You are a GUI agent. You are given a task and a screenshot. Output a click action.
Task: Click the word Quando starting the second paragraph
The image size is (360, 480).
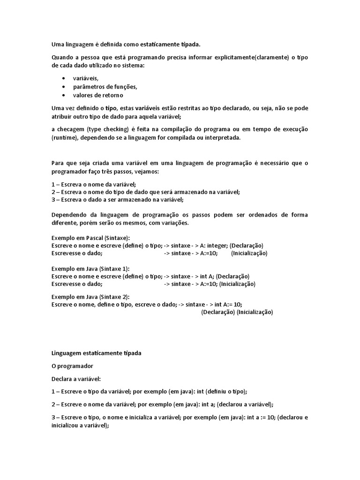[x=62, y=57]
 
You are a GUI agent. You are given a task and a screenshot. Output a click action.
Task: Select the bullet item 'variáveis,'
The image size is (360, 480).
[x=86, y=78]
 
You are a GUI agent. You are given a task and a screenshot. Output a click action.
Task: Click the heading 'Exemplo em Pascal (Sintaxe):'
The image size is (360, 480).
[x=90, y=238]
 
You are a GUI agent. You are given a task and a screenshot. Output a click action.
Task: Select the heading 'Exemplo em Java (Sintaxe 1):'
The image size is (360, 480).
[x=90, y=269]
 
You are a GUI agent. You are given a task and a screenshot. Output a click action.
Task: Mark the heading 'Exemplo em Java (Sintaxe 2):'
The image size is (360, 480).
[x=90, y=297]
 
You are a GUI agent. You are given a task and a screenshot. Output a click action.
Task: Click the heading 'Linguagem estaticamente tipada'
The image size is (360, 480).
[x=96, y=353]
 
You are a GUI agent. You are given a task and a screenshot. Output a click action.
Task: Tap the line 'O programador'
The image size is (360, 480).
[x=73, y=366]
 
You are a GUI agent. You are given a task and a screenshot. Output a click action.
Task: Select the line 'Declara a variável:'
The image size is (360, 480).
[x=76, y=378]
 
